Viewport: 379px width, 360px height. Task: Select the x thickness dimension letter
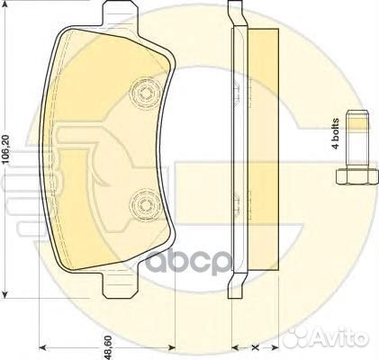(x=255, y=346)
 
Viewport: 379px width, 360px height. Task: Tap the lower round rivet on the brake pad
(x=141, y=202)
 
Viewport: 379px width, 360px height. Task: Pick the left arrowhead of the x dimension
(x=235, y=346)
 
